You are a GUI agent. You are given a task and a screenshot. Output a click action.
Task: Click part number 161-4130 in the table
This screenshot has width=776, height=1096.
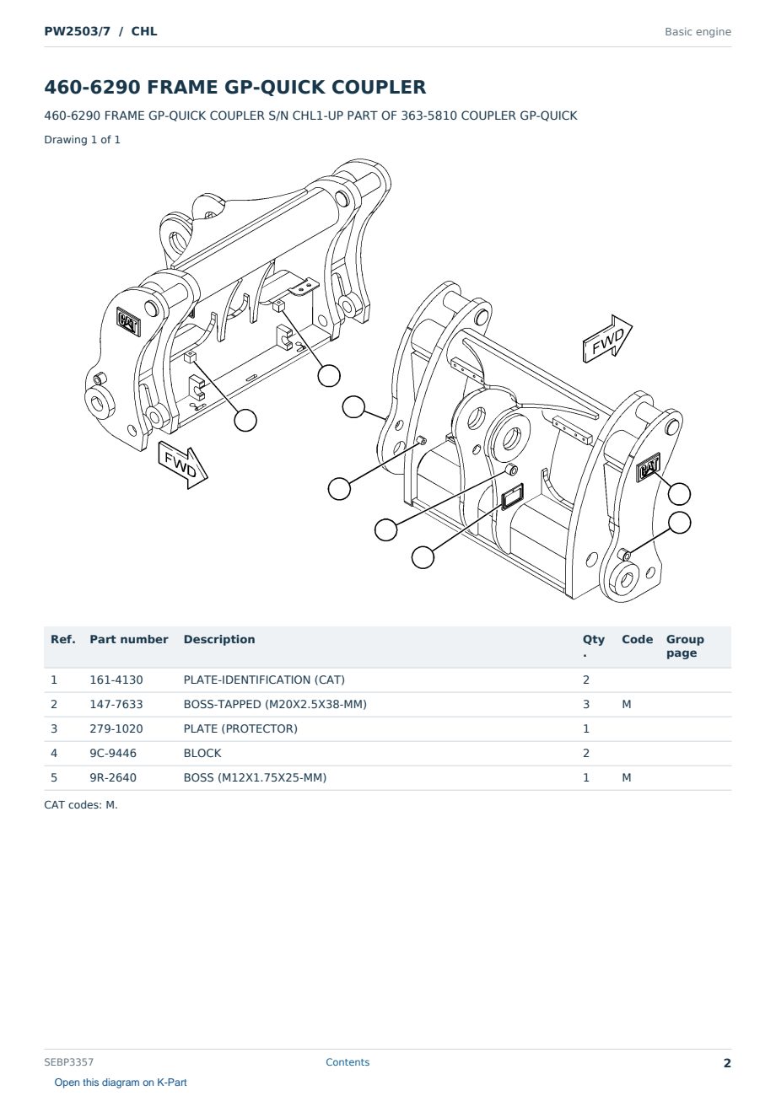[x=116, y=680]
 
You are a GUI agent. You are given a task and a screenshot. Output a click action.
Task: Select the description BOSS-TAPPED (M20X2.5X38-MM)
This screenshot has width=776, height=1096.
[x=275, y=704]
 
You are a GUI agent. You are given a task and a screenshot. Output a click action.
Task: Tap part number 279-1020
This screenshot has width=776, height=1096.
[x=116, y=728]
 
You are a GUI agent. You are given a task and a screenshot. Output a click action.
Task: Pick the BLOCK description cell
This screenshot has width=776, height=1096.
[x=202, y=753]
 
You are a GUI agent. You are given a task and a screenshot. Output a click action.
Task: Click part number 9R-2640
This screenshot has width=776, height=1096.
[x=113, y=777]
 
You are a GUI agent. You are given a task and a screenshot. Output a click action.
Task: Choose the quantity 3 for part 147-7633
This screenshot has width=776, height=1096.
[x=586, y=704]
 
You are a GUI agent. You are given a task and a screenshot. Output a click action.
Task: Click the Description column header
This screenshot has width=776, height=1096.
[x=218, y=640]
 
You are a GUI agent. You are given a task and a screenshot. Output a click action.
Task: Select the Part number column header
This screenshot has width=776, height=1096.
[x=129, y=640]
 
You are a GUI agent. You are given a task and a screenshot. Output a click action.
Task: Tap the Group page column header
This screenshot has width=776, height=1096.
[x=685, y=646]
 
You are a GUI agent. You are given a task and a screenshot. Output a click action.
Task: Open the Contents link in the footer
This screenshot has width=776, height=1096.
[x=348, y=1062]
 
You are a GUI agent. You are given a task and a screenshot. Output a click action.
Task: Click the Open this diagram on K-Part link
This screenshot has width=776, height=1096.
[x=121, y=1083]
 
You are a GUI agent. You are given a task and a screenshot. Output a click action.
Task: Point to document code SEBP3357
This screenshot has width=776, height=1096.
[x=68, y=1062]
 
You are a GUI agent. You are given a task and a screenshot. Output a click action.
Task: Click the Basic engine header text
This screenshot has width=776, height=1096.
[x=698, y=32]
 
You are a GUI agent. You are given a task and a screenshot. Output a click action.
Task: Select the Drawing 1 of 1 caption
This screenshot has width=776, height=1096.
[x=82, y=140]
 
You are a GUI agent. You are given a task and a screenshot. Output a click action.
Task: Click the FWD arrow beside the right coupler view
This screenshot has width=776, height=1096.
[x=607, y=339]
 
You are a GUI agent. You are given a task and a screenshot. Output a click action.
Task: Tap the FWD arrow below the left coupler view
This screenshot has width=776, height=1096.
[x=183, y=465]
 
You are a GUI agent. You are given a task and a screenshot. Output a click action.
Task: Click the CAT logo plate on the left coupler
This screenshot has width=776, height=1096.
[x=129, y=321]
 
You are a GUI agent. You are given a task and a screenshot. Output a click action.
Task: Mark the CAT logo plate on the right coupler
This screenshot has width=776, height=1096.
[x=649, y=467]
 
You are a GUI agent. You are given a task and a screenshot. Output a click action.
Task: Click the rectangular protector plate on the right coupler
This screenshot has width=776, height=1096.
[x=512, y=497]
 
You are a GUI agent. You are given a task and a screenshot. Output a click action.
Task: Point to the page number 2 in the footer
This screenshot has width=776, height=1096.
[x=727, y=1063]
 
